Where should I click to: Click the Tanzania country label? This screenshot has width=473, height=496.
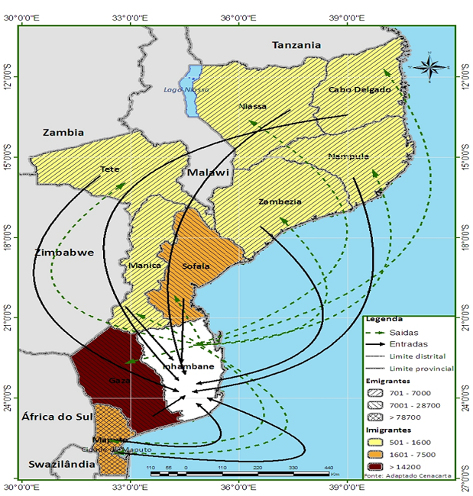296,45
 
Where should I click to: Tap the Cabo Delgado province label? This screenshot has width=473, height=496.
359,89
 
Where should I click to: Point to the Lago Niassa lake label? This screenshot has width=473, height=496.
186,89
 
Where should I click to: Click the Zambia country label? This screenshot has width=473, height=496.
63,132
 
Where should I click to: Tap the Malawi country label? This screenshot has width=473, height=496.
209,172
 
